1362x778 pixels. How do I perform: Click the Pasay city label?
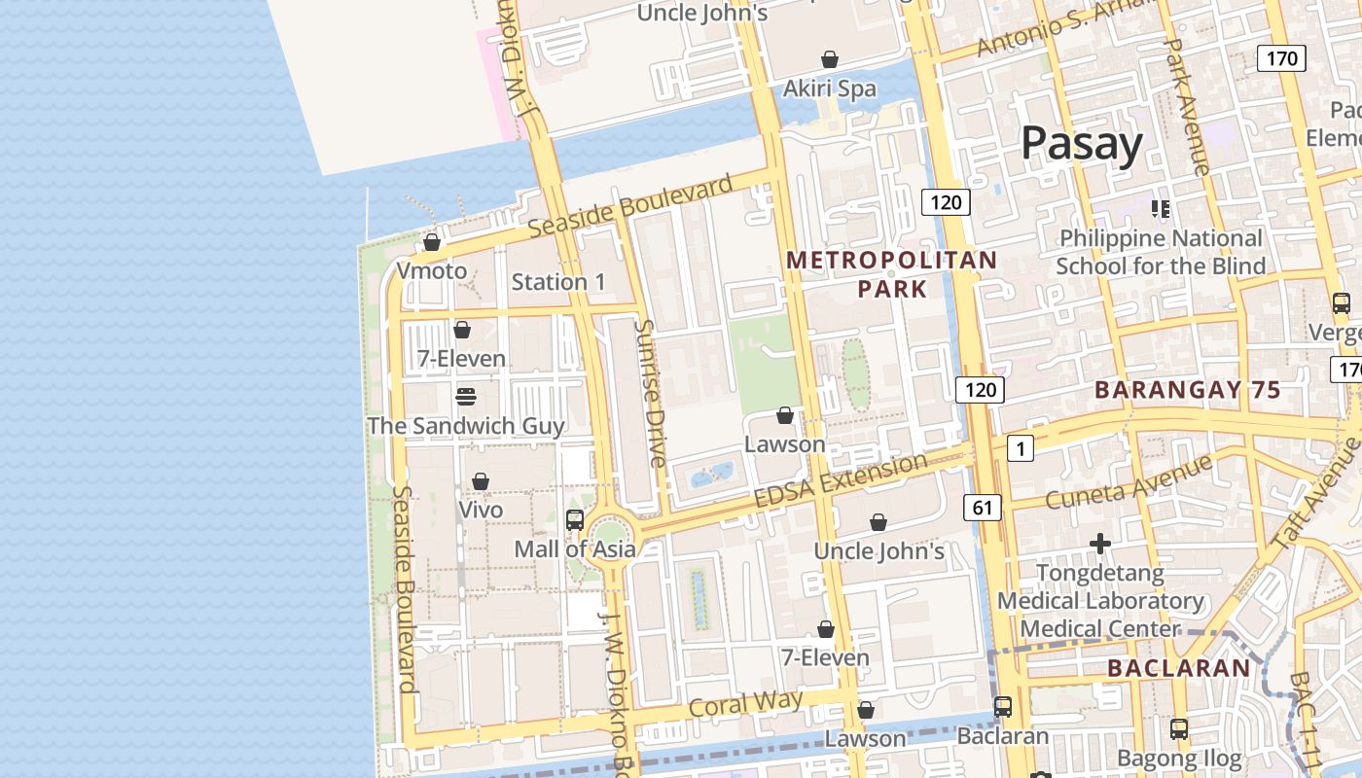(x=1081, y=144)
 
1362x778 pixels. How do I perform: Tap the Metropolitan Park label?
(x=892, y=274)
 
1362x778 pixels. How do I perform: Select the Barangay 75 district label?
(x=1187, y=390)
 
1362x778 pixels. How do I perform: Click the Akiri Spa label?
(x=830, y=88)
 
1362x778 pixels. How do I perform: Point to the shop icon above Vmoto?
(x=432, y=242)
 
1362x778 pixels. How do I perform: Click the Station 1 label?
(x=558, y=282)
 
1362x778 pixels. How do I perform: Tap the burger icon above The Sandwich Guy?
(x=466, y=397)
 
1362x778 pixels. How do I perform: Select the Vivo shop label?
(x=481, y=510)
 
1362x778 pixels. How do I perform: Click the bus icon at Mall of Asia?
(x=575, y=520)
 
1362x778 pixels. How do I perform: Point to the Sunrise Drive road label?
(x=649, y=392)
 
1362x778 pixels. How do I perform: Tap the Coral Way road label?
(x=745, y=703)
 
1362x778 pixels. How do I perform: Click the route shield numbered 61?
(x=983, y=507)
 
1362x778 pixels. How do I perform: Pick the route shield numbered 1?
(x=1020, y=448)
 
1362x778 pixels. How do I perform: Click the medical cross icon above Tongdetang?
(x=1100, y=544)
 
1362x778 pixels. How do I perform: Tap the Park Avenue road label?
(x=1186, y=107)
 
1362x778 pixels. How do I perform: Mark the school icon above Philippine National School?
(x=1160, y=208)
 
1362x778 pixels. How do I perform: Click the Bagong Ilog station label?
(x=1178, y=759)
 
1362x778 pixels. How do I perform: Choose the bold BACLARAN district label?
(x=1178, y=668)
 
